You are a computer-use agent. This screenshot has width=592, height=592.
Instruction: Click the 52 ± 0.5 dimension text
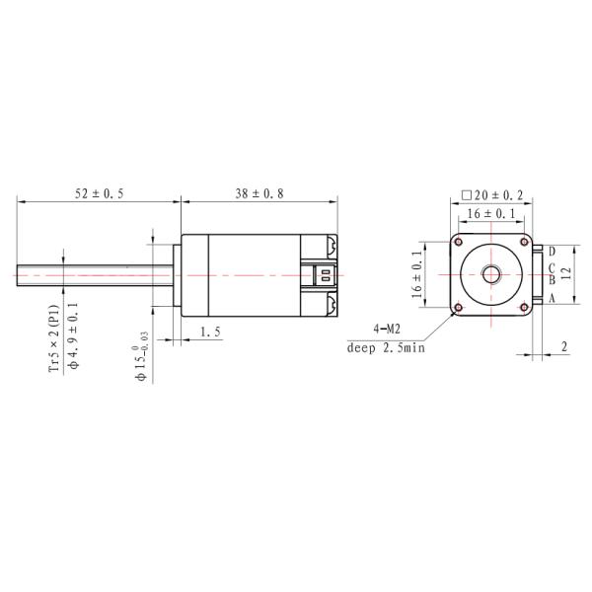point(100,193)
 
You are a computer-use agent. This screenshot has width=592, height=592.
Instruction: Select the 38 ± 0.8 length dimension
point(259,193)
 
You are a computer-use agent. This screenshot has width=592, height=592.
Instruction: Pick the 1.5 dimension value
point(209,333)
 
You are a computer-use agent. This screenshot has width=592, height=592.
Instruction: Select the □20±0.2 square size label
point(492,196)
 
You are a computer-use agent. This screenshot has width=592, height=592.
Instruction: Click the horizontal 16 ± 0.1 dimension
point(491,213)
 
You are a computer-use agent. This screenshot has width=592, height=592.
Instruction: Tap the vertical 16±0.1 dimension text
point(417,274)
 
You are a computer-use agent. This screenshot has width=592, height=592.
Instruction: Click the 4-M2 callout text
point(386,328)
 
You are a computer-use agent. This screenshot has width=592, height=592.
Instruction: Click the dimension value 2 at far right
point(563,346)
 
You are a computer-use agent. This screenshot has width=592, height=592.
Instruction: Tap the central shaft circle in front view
point(491,274)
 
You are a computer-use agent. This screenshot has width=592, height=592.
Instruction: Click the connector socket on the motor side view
point(320,273)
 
